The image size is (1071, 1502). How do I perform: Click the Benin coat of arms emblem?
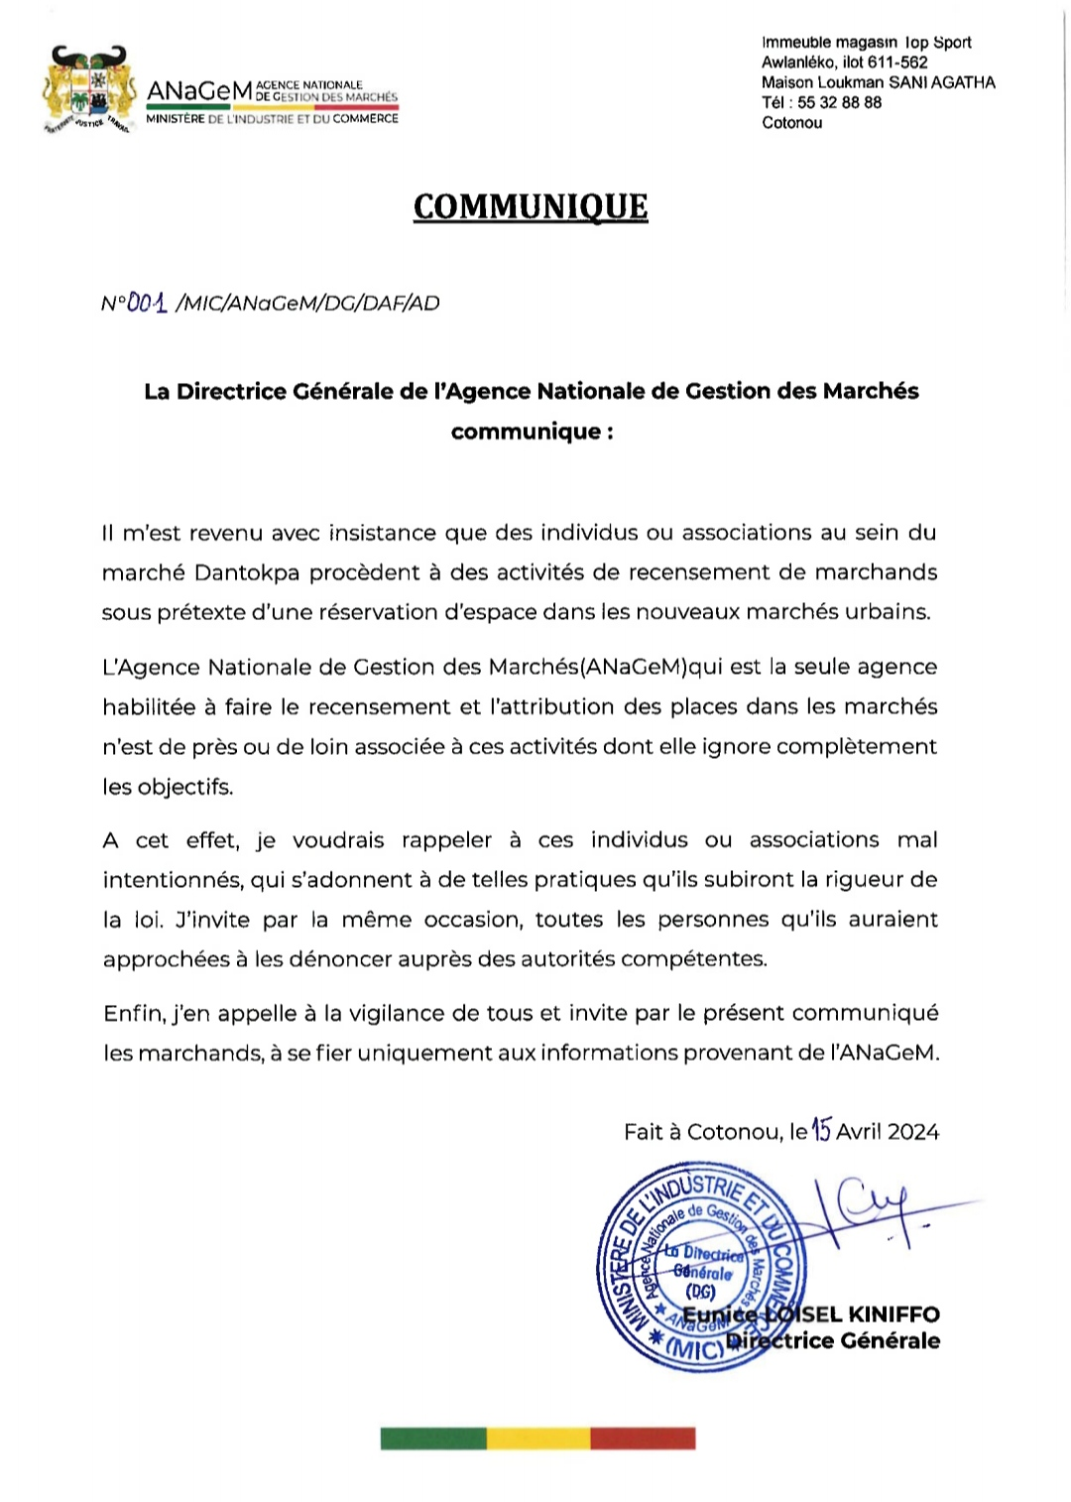pyautogui.click(x=89, y=89)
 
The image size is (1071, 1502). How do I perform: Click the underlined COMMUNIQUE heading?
pyautogui.click(x=531, y=206)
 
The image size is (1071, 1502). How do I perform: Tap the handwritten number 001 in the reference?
pyautogui.click(x=148, y=303)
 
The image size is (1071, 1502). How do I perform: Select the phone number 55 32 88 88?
pyautogui.click(x=839, y=102)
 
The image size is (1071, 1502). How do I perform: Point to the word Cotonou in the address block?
pyautogui.click(x=791, y=123)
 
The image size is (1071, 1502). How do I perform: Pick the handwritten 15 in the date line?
pyautogui.click(x=821, y=1130)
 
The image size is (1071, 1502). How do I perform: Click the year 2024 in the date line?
pyautogui.click(x=913, y=1132)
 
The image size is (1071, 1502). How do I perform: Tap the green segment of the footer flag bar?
pyautogui.click(x=433, y=1438)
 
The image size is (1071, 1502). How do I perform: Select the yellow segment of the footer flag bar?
pyautogui.click(x=537, y=1438)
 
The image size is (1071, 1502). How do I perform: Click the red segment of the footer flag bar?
pyautogui.click(x=643, y=1438)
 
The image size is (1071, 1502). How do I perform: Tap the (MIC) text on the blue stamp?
pyautogui.click(x=695, y=1349)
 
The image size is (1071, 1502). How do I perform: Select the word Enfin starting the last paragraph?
pyautogui.click(x=133, y=1013)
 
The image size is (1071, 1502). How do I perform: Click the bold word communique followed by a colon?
pyautogui.click(x=526, y=432)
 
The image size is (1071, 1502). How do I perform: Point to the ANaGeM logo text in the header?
pyautogui.click(x=199, y=91)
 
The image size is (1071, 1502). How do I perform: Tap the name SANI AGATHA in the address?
pyautogui.click(x=942, y=82)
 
